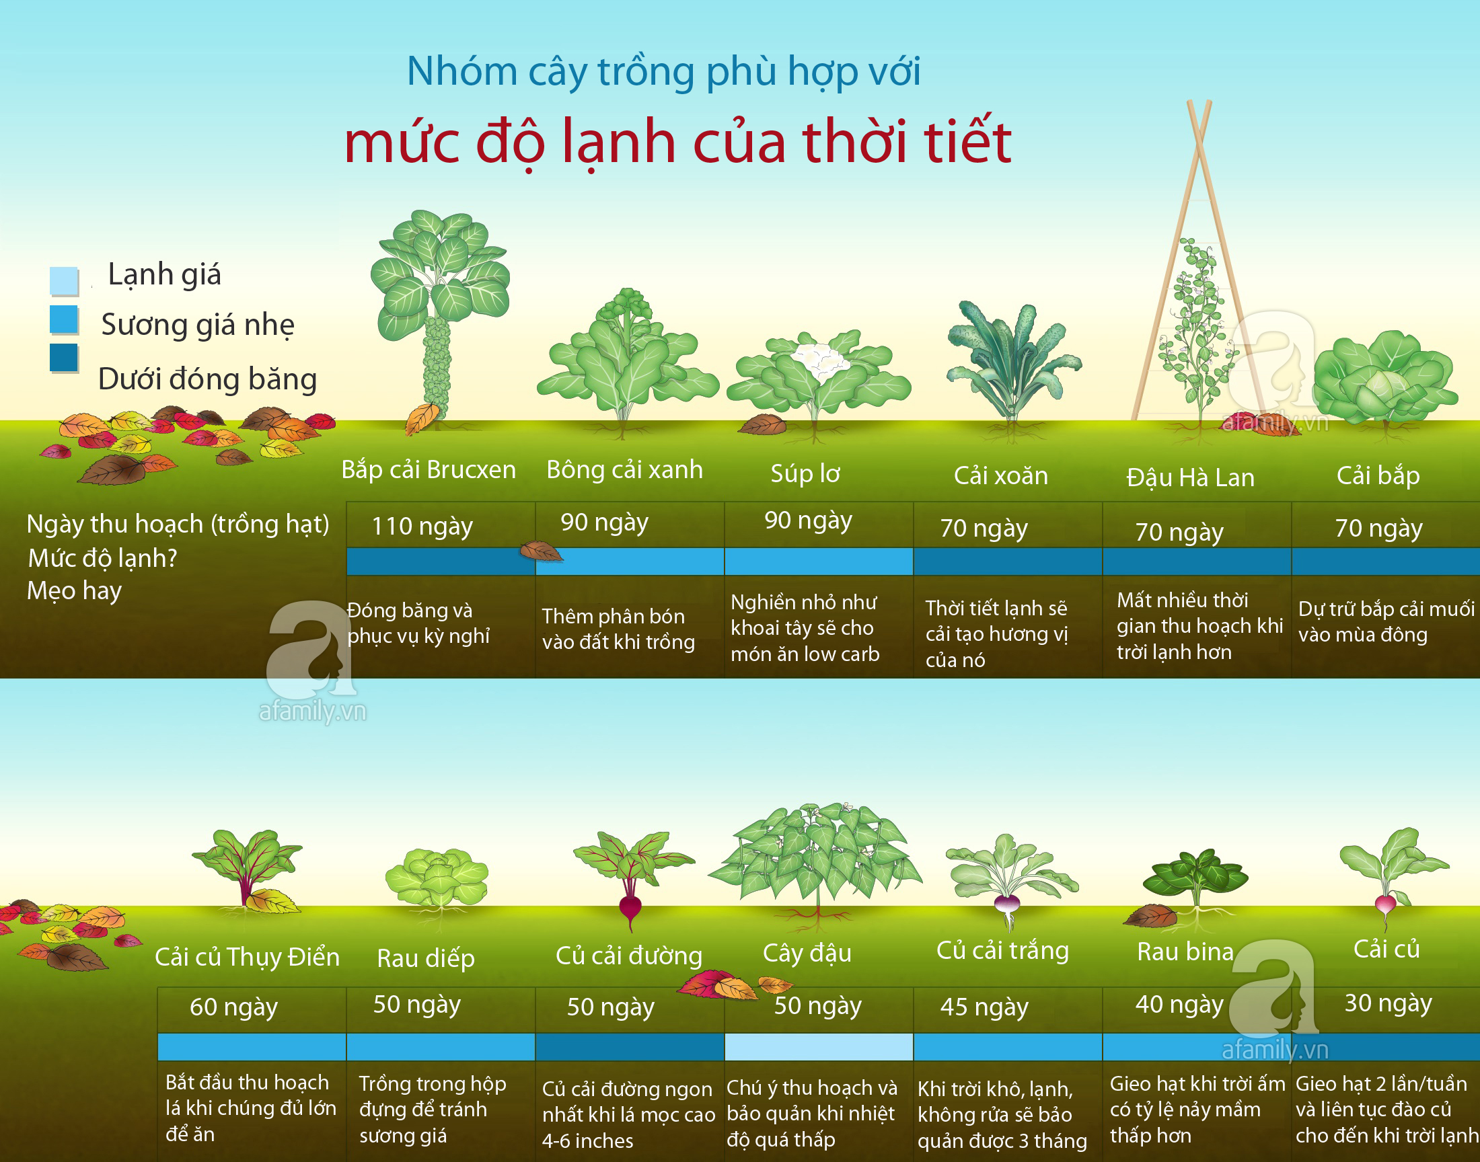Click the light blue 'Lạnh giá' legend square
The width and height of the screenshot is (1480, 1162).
coord(64,280)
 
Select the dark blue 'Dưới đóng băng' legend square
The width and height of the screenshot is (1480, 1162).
coord(64,358)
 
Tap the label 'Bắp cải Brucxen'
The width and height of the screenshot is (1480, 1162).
coord(429,470)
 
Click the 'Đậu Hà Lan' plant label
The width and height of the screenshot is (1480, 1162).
coord(1190,477)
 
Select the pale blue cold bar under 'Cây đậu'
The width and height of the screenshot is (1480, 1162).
coord(819,1047)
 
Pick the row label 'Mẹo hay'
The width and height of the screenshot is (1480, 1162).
coord(74,590)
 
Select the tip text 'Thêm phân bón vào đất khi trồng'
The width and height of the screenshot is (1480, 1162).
coord(618,629)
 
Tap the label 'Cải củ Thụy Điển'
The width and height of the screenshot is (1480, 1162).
coord(247,957)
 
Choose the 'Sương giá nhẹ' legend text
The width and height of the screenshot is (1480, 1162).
coord(198,325)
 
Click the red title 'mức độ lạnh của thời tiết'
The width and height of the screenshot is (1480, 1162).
coord(677,143)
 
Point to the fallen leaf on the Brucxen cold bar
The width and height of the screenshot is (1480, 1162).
coord(541,551)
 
